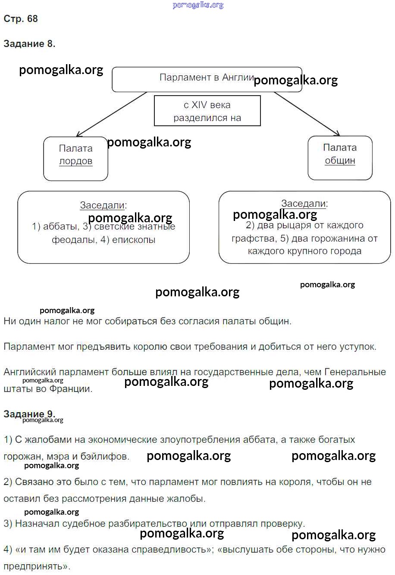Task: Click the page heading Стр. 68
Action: click(x=21, y=19)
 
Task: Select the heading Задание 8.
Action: click(x=29, y=44)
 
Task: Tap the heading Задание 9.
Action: click(x=29, y=414)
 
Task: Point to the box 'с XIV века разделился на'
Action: click(x=207, y=111)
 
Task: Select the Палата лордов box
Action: click(x=75, y=159)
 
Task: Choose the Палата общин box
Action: click(x=340, y=158)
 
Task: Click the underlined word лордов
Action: click(x=76, y=162)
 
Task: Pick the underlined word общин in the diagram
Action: click(x=340, y=161)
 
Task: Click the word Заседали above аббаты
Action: click(x=102, y=205)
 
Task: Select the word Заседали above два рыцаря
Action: click(x=304, y=203)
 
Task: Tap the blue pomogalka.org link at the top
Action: click(x=198, y=5)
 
